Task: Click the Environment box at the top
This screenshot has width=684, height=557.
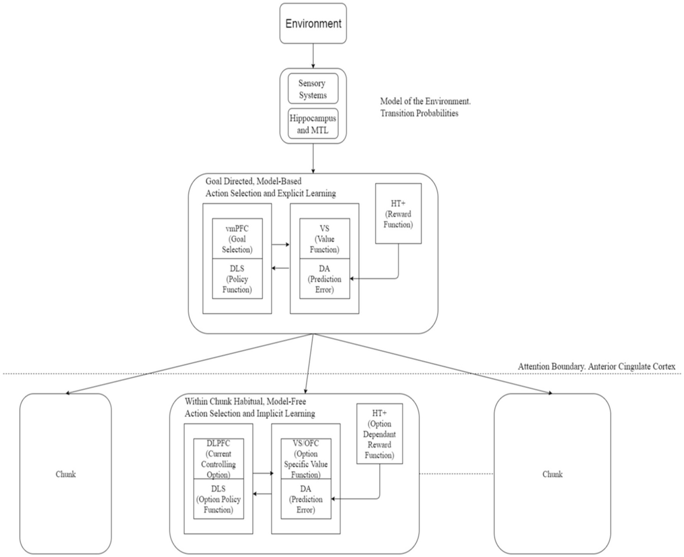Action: pos(313,24)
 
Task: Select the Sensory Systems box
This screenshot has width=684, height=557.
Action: pos(313,89)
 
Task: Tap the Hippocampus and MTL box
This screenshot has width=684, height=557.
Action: pos(313,124)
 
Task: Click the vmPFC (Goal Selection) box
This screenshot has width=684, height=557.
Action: pos(237,239)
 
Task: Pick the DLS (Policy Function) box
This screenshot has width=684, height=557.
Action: pos(237,279)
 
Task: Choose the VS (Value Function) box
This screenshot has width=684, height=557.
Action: pos(324,239)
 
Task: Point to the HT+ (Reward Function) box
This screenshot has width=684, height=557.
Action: pos(398,214)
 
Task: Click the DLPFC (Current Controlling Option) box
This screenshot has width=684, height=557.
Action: pos(218,459)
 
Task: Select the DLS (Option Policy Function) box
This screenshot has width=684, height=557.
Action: pos(218,499)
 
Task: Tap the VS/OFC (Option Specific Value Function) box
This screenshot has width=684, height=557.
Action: pos(306,459)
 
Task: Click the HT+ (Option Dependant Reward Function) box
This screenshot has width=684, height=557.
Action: pos(379,434)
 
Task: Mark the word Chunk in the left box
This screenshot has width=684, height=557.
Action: pos(66,474)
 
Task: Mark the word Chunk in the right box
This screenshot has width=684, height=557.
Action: pos(552,474)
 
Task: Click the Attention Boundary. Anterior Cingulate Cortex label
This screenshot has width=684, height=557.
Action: pos(596,366)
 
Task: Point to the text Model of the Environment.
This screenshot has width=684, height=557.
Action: pos(425,101)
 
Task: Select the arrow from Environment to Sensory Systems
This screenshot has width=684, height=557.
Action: pos(313,56)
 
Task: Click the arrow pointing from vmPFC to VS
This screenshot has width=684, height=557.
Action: pos(281,244)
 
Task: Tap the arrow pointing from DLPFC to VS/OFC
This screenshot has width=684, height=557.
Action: pos(262,473)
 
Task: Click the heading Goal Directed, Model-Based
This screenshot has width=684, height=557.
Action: pos(253,181)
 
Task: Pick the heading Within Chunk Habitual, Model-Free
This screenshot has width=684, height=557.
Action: pos(245,401)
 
